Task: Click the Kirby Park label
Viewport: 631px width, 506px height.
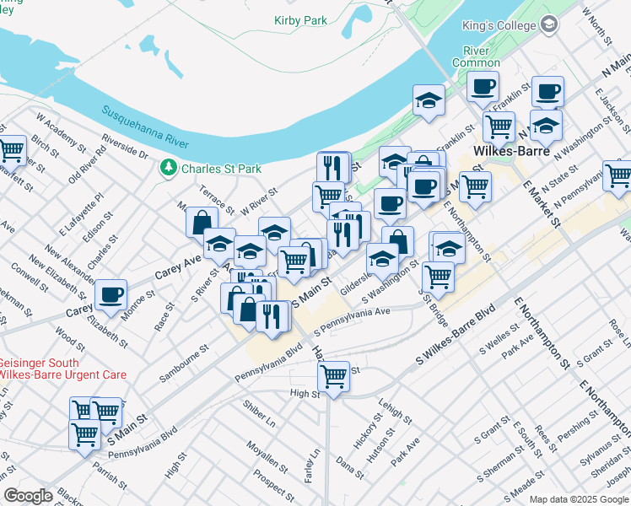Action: tap(300, 19)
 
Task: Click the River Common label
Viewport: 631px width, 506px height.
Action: tap(476, 57)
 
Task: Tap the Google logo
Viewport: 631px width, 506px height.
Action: tap(28, 496)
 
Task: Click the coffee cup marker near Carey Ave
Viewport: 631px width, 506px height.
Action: tap(111, 295)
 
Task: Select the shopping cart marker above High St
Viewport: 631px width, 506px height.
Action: tap(334, 376)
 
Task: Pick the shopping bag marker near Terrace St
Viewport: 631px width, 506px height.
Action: tap(202, 223)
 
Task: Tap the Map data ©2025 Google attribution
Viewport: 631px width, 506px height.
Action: tap(578, 498)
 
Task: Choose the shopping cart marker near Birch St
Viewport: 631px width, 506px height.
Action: tap(12, 152)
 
